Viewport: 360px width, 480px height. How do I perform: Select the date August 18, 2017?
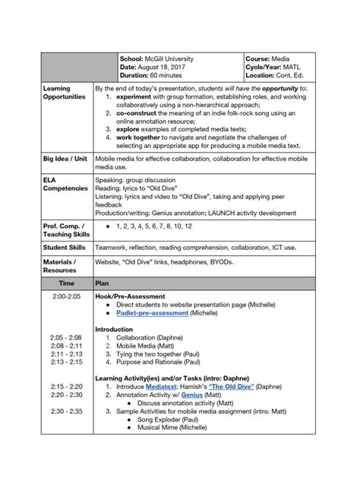pyautogui.click(x=164, y=68)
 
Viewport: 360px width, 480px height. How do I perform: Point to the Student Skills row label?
pyautogui.click(x=65, y=247)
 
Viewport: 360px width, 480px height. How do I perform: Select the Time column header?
pyautogui.click(x=67, y=283)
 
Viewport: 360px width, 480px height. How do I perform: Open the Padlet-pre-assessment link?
pyautogui.click(x=152, y=313)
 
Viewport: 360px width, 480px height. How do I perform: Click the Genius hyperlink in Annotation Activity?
pyautogui.click(x=191, y=395)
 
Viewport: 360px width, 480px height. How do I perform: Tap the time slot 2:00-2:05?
pyautogui.click(x=67, y=296)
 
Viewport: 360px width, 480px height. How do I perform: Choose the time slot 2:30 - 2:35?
pyautogui.click(x=67, y=411)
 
